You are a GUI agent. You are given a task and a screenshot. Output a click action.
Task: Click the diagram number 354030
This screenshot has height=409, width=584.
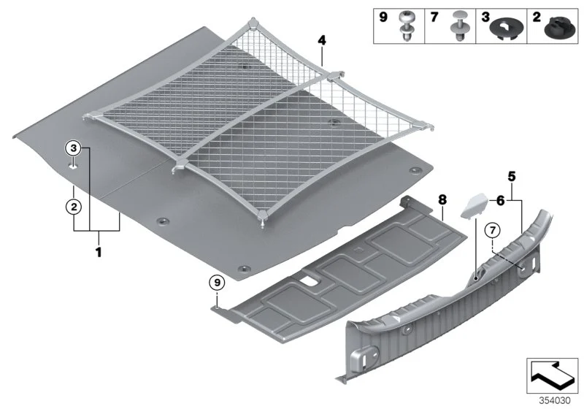(x=555, y=401)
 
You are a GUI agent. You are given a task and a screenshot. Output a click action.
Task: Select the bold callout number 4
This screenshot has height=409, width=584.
(x=322, y=40)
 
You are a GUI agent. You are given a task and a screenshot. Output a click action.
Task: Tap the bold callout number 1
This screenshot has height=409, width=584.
(x=99, y=252)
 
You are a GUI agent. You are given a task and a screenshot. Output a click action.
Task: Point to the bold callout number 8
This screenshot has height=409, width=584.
(x=442, y=199)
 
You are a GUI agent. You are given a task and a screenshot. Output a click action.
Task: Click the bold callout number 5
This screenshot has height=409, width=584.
(x=512, y=177)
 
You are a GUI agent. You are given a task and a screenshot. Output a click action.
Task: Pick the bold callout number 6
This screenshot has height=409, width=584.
(x=501, y=201)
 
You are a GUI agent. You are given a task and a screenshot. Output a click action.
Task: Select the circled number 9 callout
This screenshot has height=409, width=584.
(x=217, y=283)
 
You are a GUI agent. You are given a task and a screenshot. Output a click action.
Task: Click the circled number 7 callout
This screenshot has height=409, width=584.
(x=492, y=231)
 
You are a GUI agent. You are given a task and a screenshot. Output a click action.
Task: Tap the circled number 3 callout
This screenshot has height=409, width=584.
(x=74, y=148)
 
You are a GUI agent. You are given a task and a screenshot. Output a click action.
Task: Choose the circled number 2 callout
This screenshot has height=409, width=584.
(x=74, y=207)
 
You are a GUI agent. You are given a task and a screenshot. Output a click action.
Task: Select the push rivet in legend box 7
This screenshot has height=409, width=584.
(x=458, y=26)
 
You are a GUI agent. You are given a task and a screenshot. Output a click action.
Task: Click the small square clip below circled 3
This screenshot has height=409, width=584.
(x=73, y=165)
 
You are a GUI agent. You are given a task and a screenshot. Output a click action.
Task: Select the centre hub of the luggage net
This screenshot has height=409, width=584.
(x=331, y=77)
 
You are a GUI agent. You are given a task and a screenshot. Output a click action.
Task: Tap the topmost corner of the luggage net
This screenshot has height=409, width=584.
(x=253, y=21)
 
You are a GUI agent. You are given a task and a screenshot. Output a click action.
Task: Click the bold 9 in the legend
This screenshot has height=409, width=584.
(x=383, y=17)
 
